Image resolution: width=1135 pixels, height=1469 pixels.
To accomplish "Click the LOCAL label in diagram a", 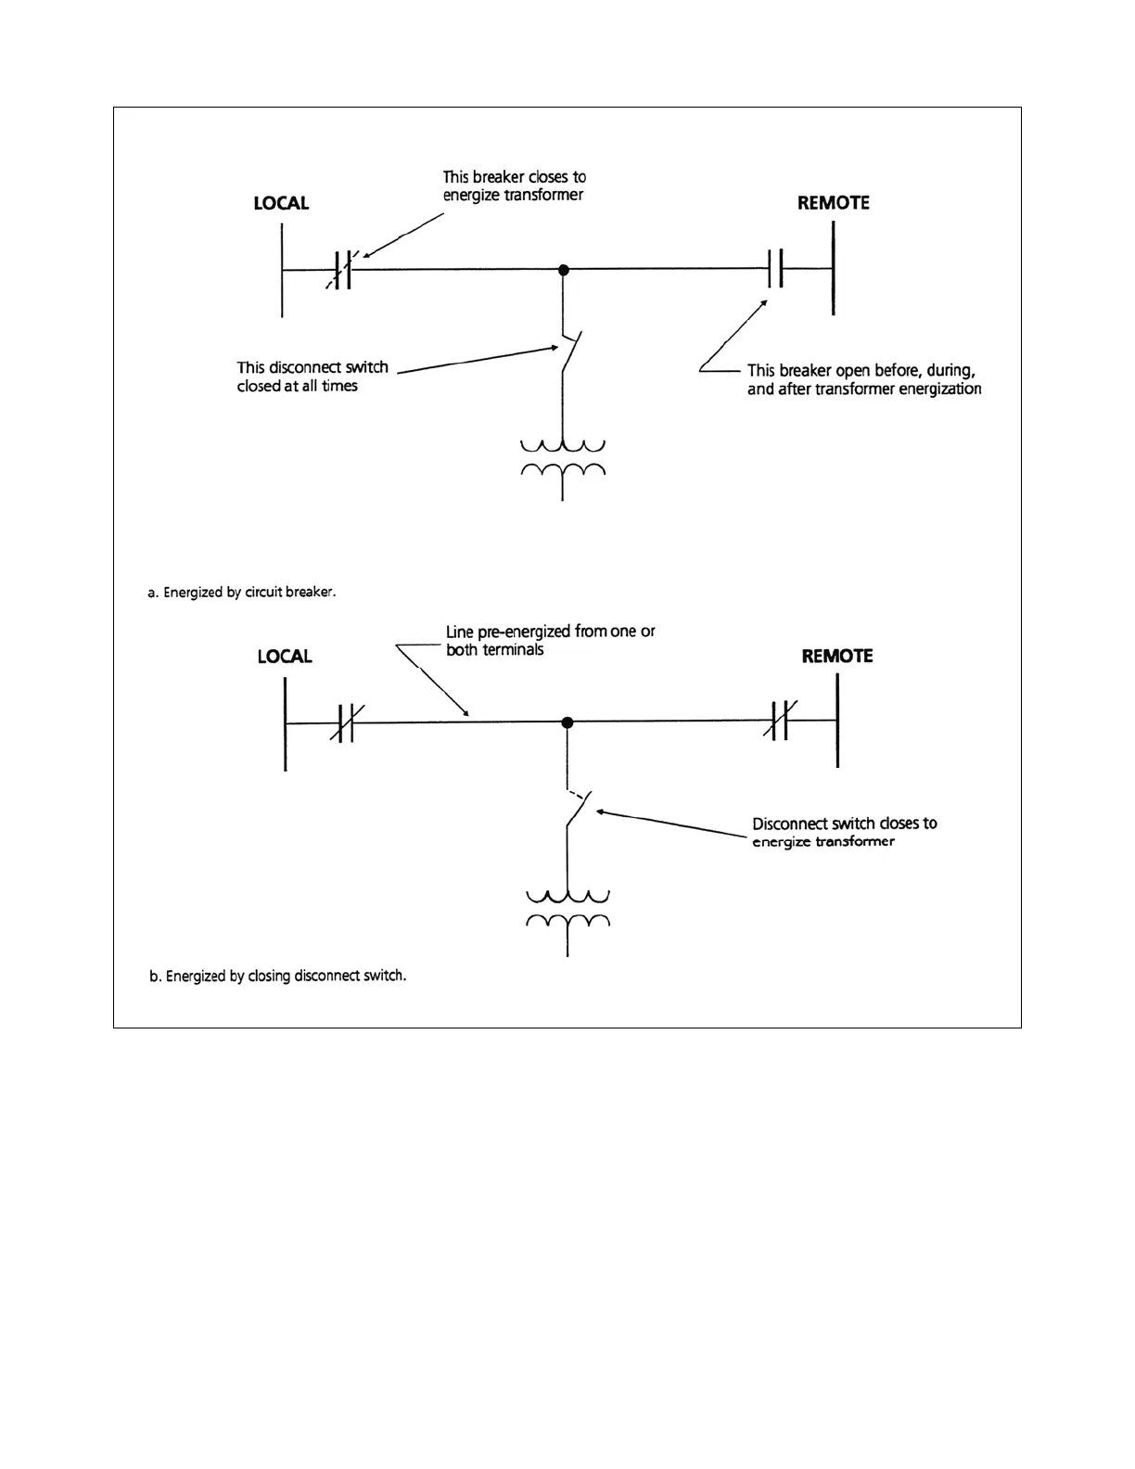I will click(281, 203).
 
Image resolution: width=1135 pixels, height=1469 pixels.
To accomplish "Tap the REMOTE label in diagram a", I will click(833, 203).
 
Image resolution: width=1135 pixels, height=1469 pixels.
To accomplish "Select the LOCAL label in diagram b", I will click(285, 657).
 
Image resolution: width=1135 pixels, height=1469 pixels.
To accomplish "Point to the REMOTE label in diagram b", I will click(836, 657).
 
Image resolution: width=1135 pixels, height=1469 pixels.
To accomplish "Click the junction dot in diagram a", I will click(563, 270).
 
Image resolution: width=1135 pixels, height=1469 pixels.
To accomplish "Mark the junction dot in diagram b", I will click(567, 722).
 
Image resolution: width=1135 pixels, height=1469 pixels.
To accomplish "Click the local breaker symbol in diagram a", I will click(342, 270).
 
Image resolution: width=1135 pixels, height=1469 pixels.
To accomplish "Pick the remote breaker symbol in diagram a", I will click(775, 270).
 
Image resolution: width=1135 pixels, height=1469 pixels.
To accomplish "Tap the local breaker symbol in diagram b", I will click(345, 723).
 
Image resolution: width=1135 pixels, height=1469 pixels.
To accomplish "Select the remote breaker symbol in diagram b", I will click(780, 722).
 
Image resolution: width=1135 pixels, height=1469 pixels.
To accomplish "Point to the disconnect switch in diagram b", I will click(575, 809).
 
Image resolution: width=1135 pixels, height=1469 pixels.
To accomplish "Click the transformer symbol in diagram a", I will click(563, 458).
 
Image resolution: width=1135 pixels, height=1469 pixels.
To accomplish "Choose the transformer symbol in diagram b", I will click(567, 910).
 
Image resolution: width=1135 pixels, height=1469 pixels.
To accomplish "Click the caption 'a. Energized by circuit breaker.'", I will click(241, 592).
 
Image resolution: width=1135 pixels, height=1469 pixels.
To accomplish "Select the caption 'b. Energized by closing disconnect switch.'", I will click(277, 976).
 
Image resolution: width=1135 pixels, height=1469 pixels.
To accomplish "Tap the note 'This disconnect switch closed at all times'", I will click(312, 377).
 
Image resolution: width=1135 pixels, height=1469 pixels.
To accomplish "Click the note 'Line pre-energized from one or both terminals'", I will click(550, 641).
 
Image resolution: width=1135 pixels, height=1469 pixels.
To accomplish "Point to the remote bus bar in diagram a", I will click(833, 269).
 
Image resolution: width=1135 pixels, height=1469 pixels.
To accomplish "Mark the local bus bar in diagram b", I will click(286, 723).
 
